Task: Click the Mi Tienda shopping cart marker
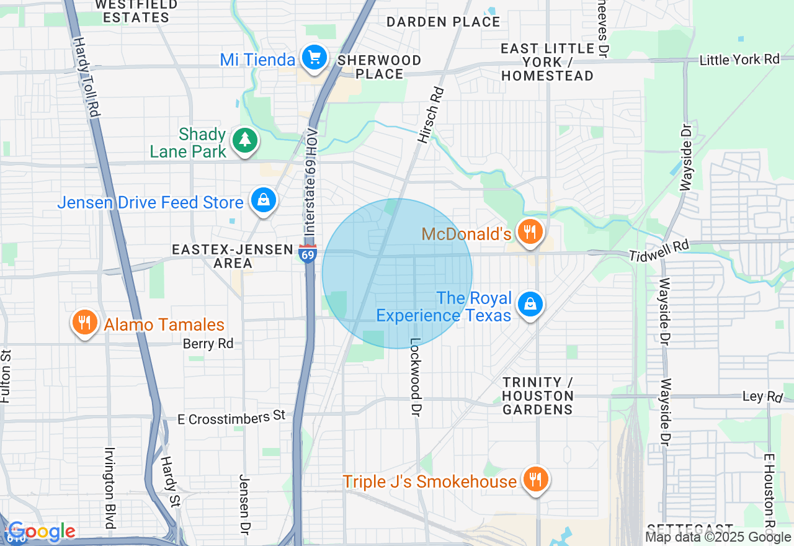[x=314, y=58]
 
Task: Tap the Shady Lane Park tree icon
[x=245, y=141]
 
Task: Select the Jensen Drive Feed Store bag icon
[x=264, y=200]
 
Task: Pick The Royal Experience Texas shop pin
[x=530, y=305]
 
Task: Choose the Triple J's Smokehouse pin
[x=534, y=480]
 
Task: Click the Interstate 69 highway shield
[x=308, y=254]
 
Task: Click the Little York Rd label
[x=739, y=60]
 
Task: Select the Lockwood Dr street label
[x=416, y=377]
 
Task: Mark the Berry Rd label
[x=208, y=344]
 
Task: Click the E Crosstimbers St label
[x=231, y=418]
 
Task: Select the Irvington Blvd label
[x=110, y=488]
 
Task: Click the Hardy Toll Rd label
[x=86, y=77]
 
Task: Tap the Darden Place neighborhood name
[x=443, y=22]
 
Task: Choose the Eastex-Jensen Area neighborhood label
[x=232, y=256]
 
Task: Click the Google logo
[x=42, y=532]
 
